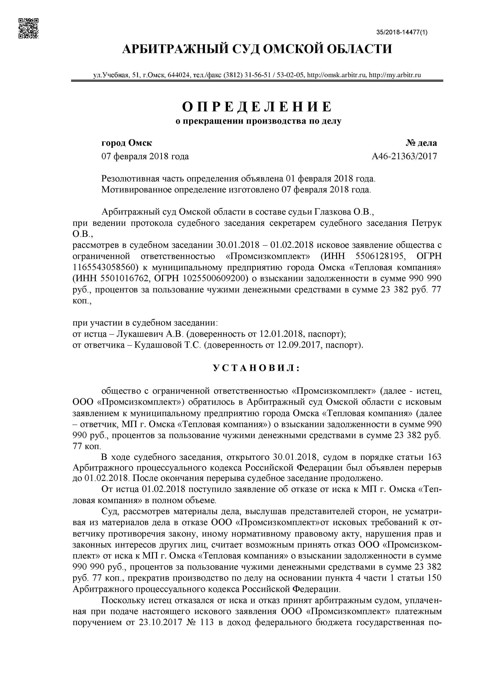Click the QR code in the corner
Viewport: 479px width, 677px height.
point(28,28)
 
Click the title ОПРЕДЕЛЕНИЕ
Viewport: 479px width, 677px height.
point(257,107)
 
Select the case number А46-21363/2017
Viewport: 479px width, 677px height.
point(404,156)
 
